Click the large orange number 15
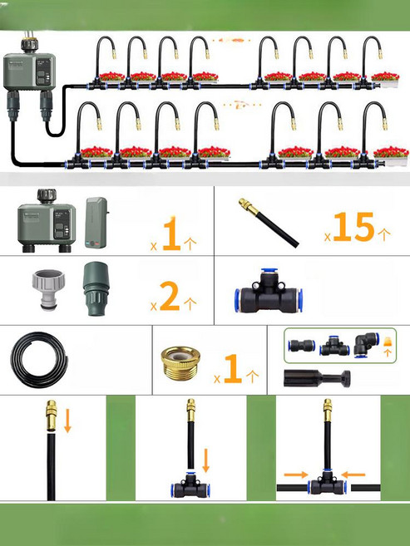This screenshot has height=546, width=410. point(353,227)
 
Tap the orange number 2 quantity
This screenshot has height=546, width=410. point(170,296)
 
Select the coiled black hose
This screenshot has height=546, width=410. point(39,360)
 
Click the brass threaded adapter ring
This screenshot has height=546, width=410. point(180,363)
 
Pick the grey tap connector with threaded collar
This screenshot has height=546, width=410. point(48,288)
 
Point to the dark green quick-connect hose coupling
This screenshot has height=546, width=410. point(96,288)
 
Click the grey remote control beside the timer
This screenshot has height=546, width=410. point(96,223)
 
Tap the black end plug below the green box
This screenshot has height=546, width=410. point(317,378)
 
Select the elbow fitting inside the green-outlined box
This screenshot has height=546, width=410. point(366,345)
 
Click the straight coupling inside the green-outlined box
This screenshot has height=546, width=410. point(302,346)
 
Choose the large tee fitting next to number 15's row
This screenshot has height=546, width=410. point(269,291)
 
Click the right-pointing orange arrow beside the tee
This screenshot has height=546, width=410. point(296,475)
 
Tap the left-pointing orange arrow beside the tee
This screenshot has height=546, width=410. point(353,475)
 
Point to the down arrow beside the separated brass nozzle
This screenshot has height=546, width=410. point(67,421)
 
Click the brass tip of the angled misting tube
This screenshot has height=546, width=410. point(249,206)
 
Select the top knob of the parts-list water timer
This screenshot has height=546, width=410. point(47,196)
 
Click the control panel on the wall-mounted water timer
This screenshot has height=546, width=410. point(43,71)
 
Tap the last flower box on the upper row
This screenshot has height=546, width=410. point(385,80)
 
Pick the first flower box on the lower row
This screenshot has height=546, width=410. point(96,153)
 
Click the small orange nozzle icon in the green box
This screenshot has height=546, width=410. point(387,342)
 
